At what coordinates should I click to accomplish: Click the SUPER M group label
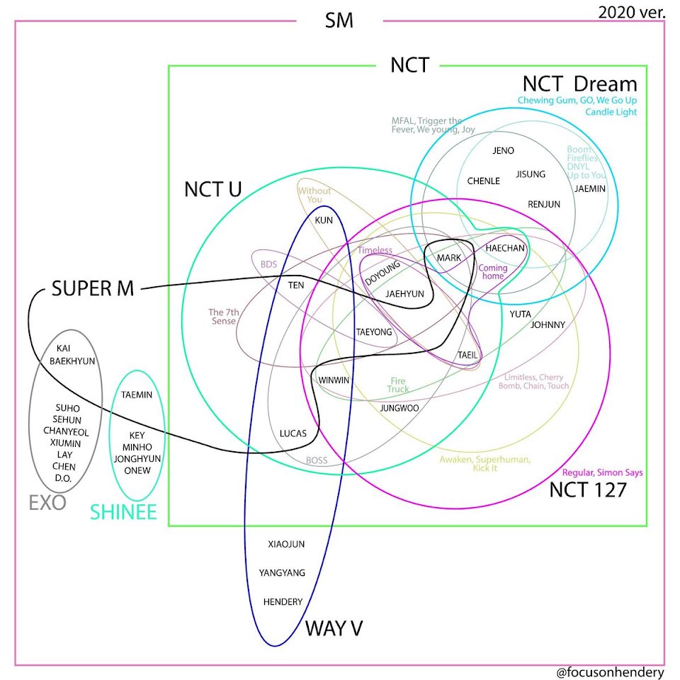pyautogui.click(x=93, y=288)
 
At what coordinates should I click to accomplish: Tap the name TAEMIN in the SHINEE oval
pyautogui.click(x=137, y=395)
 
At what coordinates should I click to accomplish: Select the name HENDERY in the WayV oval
pyautogui.click(x=283, y=601)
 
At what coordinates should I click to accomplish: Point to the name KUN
pyautogui.click(x=324, y=220)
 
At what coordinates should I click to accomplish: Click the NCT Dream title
pyautogui.click(x=580, y=84)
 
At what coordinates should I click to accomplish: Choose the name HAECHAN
pyautogui.click(x=505, y=248)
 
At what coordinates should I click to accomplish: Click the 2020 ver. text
pyautogui.click(x=631, y=12)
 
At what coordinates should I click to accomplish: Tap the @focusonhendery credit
pyautogui.click(x=610, y=671)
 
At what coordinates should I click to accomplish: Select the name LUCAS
pyautogui.click(x=293, y=433)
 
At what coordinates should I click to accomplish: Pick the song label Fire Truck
pyautogui.click(x=398, y=385)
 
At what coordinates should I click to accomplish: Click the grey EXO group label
pyautogui.click(x=47, y=503)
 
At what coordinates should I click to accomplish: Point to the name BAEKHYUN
pyautogui.click(x=72, y=361)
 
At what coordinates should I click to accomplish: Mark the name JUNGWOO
pyautogui.click(x=399, y=408)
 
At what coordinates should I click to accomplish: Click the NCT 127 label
pyautogui.click(x=588, y=490)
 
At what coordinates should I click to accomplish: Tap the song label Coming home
pyautogui.click(x=493, y=271)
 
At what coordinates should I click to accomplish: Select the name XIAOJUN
pyautogui.click(x=286, y=544)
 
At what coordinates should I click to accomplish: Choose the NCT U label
pyautogui.click(x=213, y=190)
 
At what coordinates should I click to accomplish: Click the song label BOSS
pyautogui.click(x=317, y=460)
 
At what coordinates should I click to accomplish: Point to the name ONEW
pyautogui.click(x=137, y=470)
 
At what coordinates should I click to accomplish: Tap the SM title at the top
pyautogui.click(x=339, y=21)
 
